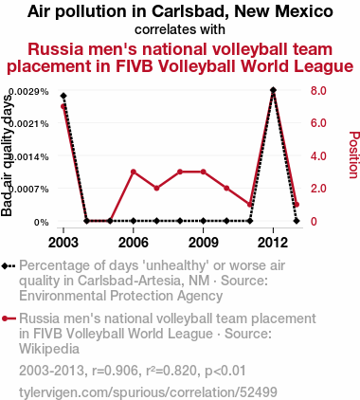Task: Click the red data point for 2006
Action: [134, 172]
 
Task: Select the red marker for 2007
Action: [156, 189]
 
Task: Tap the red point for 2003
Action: [63, 106]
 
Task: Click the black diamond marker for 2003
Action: [63, 96]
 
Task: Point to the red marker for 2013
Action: [297, 205]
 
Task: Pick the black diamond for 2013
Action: [297, 221]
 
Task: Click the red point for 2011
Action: [250, 205]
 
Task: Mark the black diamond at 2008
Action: [180, 221]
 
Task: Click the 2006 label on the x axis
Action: [134, 243]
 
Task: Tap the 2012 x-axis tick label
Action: [273, 243]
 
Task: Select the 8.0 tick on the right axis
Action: [318, 91]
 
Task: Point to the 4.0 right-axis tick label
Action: [318, 155]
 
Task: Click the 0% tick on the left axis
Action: [42, 223]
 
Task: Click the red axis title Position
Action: [354, 155]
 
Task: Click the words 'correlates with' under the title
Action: [180, 29]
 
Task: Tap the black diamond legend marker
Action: [9, 266]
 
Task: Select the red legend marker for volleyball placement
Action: [9, 318]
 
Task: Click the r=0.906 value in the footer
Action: [117, 371]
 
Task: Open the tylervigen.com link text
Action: [148, 392]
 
